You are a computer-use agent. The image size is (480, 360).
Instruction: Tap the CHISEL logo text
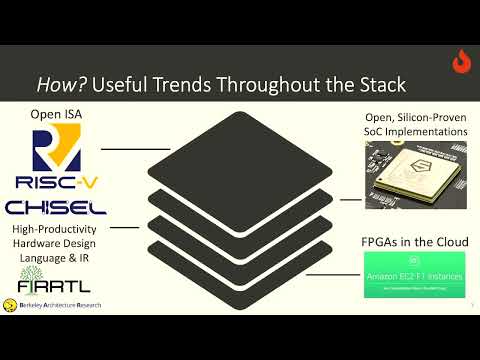point(57,208)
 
